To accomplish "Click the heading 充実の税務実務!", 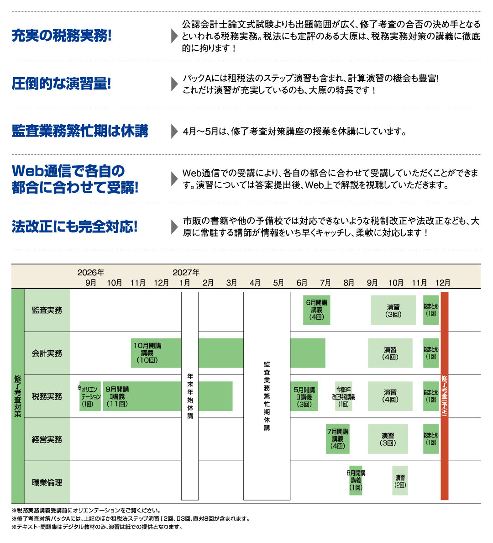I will pyautogui.click(x=62, y=36).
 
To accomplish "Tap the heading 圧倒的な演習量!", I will pyautogui.click(x=62, y=84).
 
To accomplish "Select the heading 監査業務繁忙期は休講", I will pyautogui.click(x=80, y=132).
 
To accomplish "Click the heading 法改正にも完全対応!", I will pyautogui.click(x=74, y=227).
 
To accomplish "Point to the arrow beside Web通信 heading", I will pyautogui.click(x=174, y=179).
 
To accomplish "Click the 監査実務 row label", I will pyautogui.click(x=47, y=310).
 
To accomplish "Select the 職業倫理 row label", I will pyautogui.click(x=47, y=482).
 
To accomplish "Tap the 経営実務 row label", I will pyautogui.click(x=47, y=439).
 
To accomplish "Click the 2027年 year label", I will pyautogui.click(x=186, y=273).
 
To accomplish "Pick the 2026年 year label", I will pyautogui.click(x=91, y=273).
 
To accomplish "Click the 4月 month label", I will pyautogui.click(x=255, y=283).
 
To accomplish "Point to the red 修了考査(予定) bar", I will pyautogui.click(x=444, y=395).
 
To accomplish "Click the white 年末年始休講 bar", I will pyautogui.click(x=190, y=395).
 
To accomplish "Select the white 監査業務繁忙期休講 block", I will pyautogui.click(x=267, y=395).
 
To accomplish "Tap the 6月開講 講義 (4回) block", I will pyautogui.click(x=316, y=310).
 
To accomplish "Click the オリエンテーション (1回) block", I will pyautogui.click(x=90, y=396).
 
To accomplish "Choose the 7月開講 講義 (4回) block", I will pyautogui.click(x=338, y=439).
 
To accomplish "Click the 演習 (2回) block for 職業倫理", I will pyautogui.click(x=400, y=480).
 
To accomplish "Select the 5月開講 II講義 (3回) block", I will pyautogui.click(x=304, y=396).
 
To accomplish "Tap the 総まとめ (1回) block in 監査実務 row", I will pyautogui.click(x=431, y=310).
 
